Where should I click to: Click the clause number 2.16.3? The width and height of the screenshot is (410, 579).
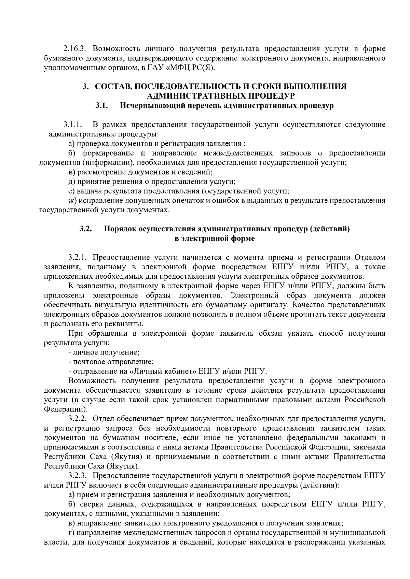(x=76, y=48)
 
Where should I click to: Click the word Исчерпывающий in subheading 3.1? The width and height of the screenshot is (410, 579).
(x=148, y=106)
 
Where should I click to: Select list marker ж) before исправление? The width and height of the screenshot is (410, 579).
(x=71, y=200)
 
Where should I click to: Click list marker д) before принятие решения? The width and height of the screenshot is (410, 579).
(x=71, y=181)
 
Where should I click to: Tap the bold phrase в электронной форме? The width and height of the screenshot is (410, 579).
(x=215, y=238)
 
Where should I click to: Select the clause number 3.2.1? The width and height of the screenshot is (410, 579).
(x=78, y=257)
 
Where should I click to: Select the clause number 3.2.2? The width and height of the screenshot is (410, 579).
(x=78, y=418)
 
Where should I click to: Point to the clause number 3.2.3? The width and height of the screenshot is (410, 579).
(x=78, y=475)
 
